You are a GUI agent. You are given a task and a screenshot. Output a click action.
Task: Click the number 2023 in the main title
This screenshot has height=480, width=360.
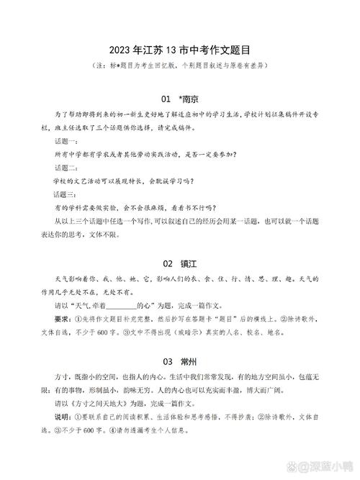(120, 50)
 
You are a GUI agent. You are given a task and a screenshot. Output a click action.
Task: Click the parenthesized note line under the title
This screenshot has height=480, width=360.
(180, 65)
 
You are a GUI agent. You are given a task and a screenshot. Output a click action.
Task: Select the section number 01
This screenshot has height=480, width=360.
(166, 98)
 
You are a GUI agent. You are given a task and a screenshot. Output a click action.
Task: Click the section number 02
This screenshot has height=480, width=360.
(168, 263)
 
